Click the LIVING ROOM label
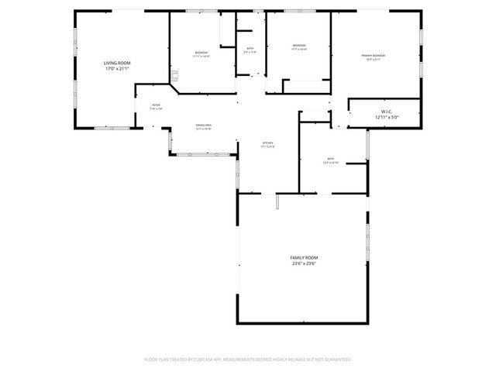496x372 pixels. (x=118, y=62)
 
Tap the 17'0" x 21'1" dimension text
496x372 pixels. (x=118, y=69)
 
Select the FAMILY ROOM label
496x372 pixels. (x=304, y=257)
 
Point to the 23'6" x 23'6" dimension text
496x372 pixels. (x=304, y=263)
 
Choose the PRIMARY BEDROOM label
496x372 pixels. (x=374, y=56)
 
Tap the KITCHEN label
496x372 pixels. (x=267, y=143)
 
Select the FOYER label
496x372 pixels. (x=156, y=105)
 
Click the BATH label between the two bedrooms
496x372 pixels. (x=250, y=49)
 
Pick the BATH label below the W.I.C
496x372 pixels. (x=331, y=159)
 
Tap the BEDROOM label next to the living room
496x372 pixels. (x=201, y=52)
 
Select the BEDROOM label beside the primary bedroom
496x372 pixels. (x=299, y=46)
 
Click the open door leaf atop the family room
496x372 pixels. (x=277, y=201)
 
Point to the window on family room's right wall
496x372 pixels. (x=367, y=232)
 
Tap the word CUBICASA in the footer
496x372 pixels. (x=215, y=360)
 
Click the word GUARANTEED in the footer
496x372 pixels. (x=338, y=360)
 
